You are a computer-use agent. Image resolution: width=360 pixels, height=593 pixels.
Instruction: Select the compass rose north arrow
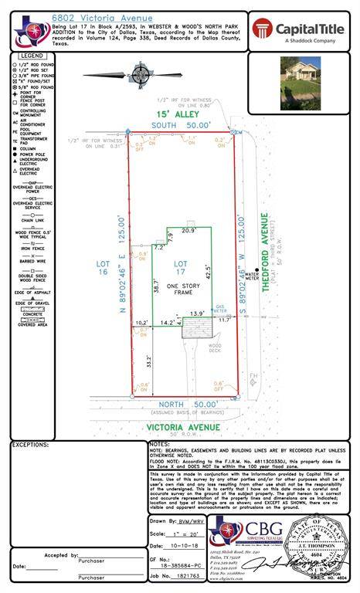coord(141,75)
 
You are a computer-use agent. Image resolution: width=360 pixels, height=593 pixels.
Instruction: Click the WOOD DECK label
coord(214,348)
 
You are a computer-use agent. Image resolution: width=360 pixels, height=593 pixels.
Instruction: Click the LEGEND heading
coord(32,56)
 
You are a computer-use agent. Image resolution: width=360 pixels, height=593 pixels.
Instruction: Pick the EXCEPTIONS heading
coord(31,446)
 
